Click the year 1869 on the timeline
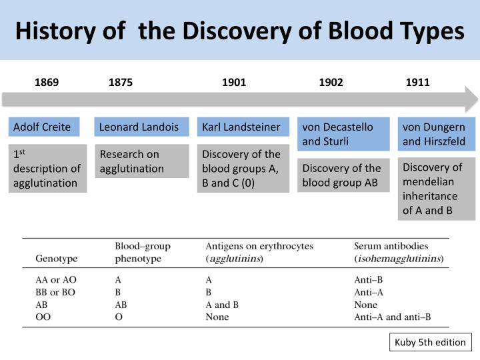(x=47, y=83)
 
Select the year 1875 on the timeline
(x=121, y=83)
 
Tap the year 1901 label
(x=234, y=83)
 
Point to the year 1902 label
(x=331, y=83)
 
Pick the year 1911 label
(x=418, y=83)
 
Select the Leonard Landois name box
(x=139, y=127)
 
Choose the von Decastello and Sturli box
(x=343, y=134)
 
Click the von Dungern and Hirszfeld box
(x=437, y=134)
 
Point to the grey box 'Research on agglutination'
(x=139, y=162)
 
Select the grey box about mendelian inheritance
(x=437, y=189)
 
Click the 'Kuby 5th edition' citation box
(x=431, y=343)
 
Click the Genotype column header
(x=56, y=258)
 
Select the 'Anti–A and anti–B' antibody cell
(x=392, y=317)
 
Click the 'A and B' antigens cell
(x=223, y=305)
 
